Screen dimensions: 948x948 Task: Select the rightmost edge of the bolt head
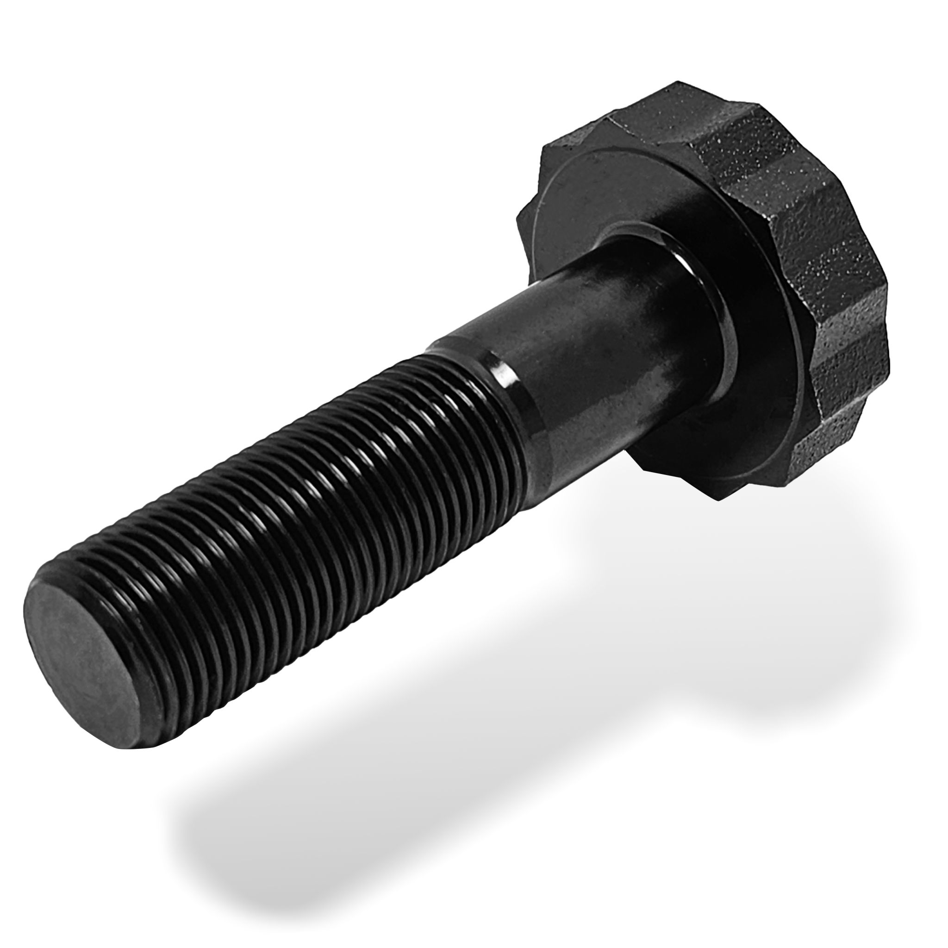point(889,353)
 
